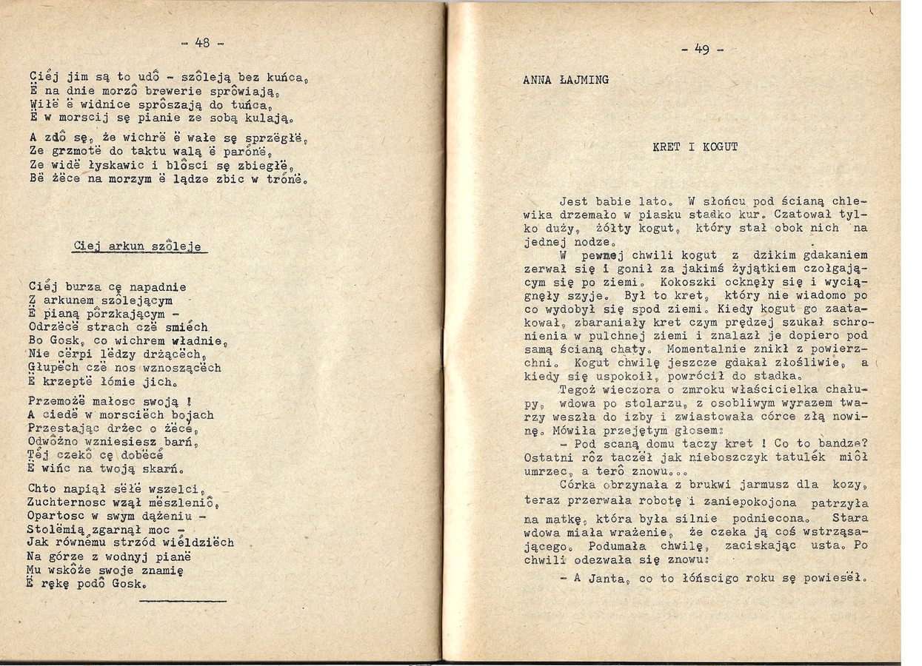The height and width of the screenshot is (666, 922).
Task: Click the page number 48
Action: click(x=202, y=43)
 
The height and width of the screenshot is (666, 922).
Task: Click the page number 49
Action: click(x=701, y=50)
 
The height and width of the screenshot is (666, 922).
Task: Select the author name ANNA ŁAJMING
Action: click(x=566, y=80)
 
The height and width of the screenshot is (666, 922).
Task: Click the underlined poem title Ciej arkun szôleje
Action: click(x=138, y=246)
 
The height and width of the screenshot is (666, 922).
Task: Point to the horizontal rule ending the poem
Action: click(x=182, y=601)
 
